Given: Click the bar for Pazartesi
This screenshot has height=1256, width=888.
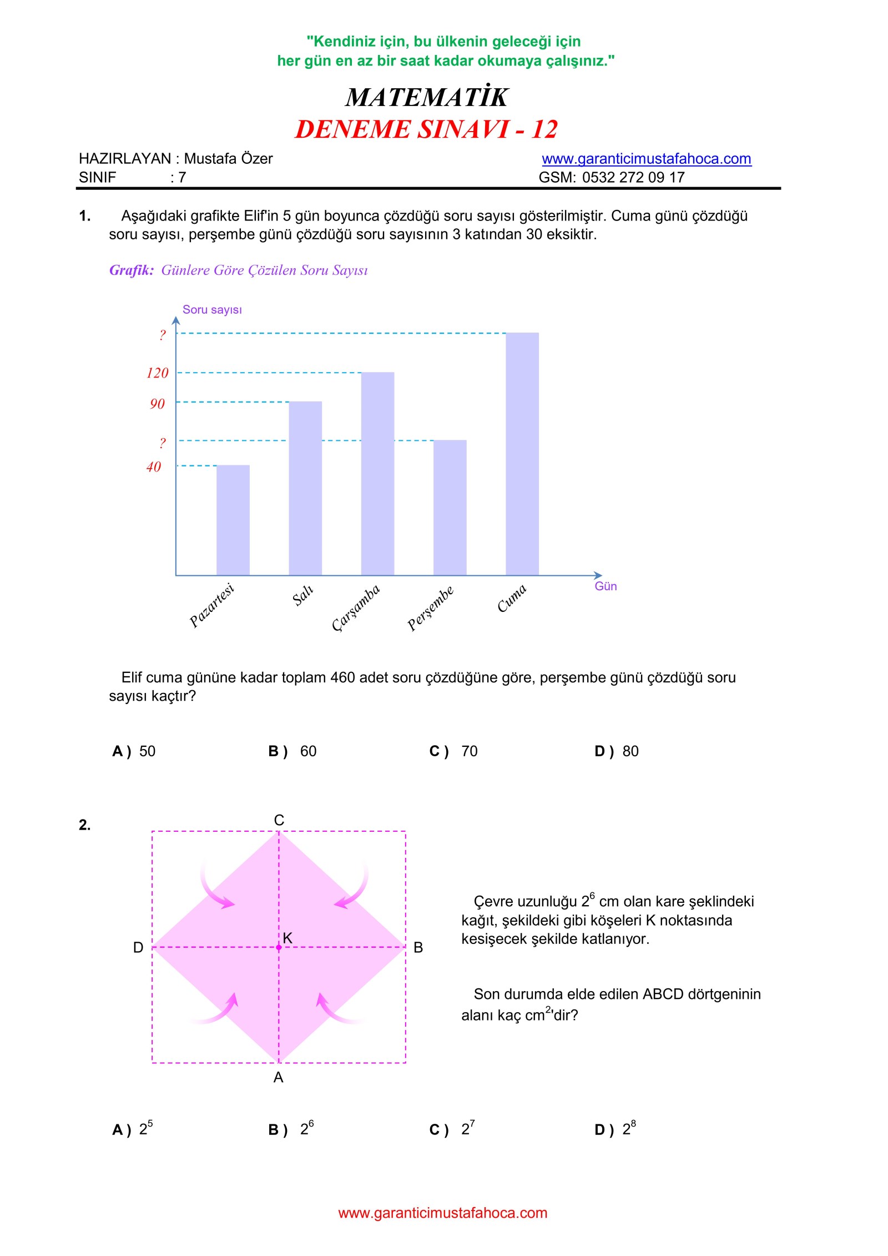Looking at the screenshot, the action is (233, 520).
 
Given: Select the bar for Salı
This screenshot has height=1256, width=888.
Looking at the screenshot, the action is (305, 488).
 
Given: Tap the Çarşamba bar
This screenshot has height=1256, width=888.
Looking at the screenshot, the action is (377, 474).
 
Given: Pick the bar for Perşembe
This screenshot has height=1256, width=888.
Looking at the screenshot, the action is (450, 508).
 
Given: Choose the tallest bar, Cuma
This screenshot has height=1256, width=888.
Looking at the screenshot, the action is (522, 454).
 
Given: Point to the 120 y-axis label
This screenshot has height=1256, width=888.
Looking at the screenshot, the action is (157, 373).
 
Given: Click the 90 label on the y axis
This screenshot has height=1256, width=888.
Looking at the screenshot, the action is (157, 404).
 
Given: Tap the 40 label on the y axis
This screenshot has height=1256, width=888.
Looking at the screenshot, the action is (154, 466).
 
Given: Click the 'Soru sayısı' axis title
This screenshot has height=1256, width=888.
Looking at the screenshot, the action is (212, 310).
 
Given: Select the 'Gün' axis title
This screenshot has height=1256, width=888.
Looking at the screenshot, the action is (606, 586).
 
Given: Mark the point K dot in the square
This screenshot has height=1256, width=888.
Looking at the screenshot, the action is (279, 947).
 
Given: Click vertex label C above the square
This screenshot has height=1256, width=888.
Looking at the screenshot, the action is (279, 820).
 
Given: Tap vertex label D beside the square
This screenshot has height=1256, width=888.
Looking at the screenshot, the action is (138, 947).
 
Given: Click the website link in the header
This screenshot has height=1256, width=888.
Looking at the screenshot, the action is (647, 159).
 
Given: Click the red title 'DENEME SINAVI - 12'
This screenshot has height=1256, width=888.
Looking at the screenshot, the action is (426, 129).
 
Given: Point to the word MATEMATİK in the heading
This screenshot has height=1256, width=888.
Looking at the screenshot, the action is (426, 97).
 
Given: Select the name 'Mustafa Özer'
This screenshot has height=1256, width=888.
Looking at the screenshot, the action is (228, 159).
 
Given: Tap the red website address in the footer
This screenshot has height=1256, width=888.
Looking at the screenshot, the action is (443, 1213).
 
